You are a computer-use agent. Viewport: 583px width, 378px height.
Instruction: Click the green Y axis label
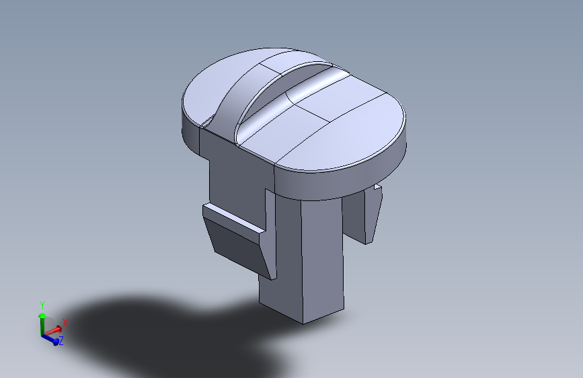pos(42,305)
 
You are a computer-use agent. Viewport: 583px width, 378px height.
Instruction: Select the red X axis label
pos(65,323)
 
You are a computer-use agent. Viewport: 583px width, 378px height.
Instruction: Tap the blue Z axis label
pos(61,340)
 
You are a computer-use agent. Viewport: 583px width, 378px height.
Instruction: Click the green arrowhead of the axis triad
pos(42,316)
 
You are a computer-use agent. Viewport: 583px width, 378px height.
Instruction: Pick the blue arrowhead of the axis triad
pos(55,341)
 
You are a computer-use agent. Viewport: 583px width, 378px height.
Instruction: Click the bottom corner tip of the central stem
pos(303,324)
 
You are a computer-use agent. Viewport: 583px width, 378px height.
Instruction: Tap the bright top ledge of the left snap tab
pos(234,219)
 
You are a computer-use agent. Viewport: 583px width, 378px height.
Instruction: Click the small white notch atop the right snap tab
pos(378,187)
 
